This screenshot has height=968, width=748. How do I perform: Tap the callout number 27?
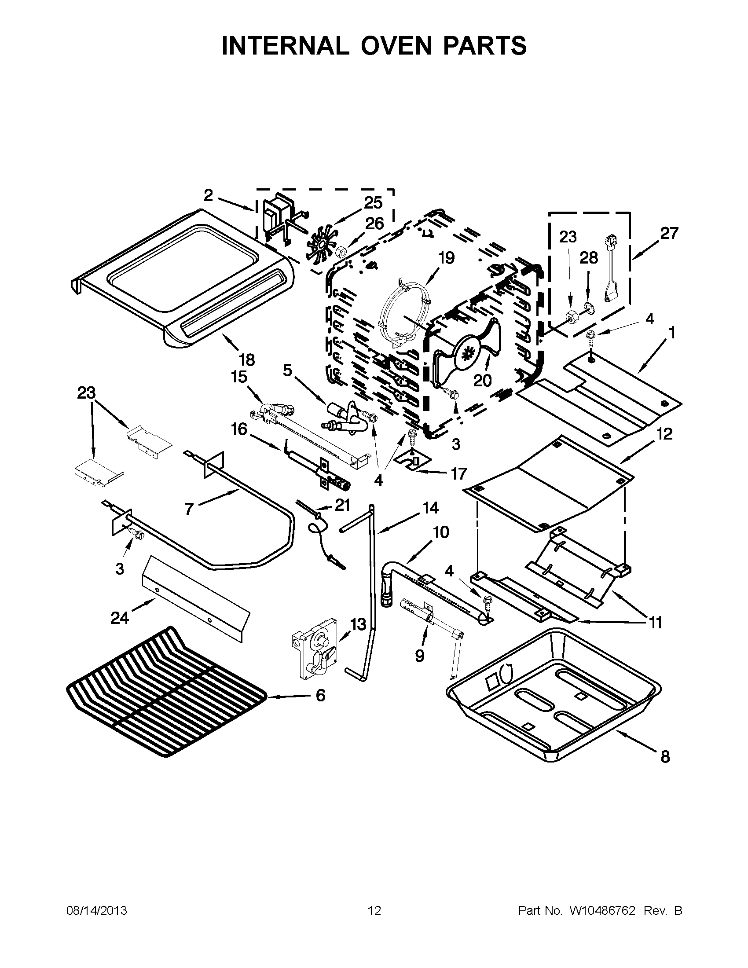[x=669, y=233]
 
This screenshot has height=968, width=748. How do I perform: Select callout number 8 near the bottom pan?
[x=665, y=757]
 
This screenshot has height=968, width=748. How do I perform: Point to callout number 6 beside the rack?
[x=320, y=695]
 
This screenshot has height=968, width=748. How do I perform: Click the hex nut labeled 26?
[x=341, y=253]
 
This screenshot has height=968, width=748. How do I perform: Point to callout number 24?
[x=120, y=617]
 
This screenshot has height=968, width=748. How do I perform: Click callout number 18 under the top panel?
[x=247, y=359]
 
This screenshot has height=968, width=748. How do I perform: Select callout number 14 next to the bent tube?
[x=430, y=507]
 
